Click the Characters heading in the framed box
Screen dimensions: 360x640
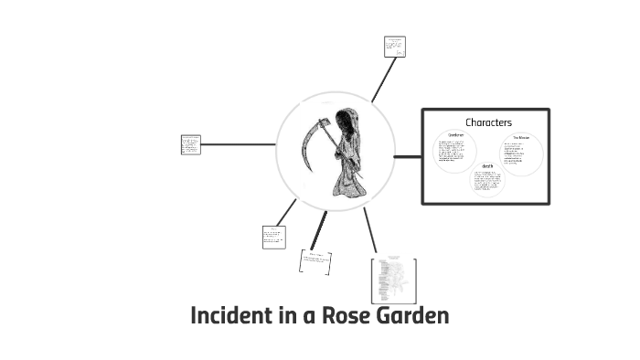coord(488,122)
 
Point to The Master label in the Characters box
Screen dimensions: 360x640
coord(520,138)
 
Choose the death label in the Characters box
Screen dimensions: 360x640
coord(487,166)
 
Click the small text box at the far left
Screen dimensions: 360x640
coord(190,144)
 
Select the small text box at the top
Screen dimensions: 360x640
coord(394,47)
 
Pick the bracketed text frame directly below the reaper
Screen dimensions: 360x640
coord(315,261)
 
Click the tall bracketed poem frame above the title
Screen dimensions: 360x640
coord(393,280)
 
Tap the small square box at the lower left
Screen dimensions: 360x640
coord(273,237)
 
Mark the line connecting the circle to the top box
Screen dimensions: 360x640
coord(383,80)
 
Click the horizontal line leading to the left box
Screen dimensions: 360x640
coord(238,144)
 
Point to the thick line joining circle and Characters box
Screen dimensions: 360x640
coord(408,156)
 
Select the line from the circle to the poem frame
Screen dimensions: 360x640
coord(369,228)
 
